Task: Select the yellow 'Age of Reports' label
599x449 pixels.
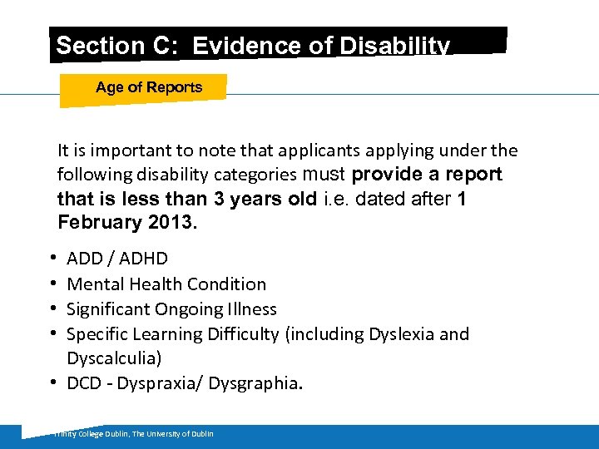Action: pyautogui.click(x=149, y=87)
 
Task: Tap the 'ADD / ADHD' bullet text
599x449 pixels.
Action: pyautogui.click(x=117, y=259)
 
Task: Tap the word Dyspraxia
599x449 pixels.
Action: pyautogui.click(x=164, y=382)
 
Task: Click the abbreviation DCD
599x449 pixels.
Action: pyautogui.click(x=84, y=382)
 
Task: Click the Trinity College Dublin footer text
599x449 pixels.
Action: pyautogui.click(x=133, y=434)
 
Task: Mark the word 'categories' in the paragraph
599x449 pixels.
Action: pyautogui.click(x=258, y=175)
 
